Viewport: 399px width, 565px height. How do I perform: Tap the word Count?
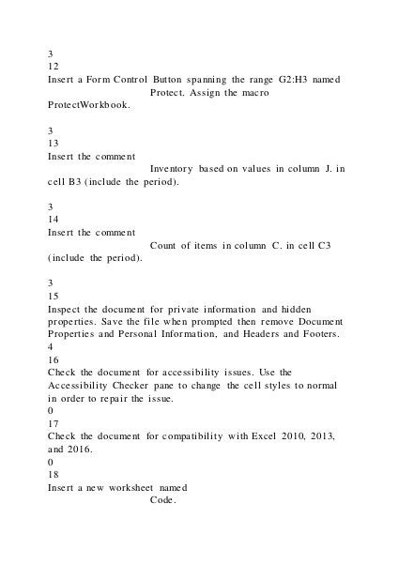pyautogui.click(x=167, y=245)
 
